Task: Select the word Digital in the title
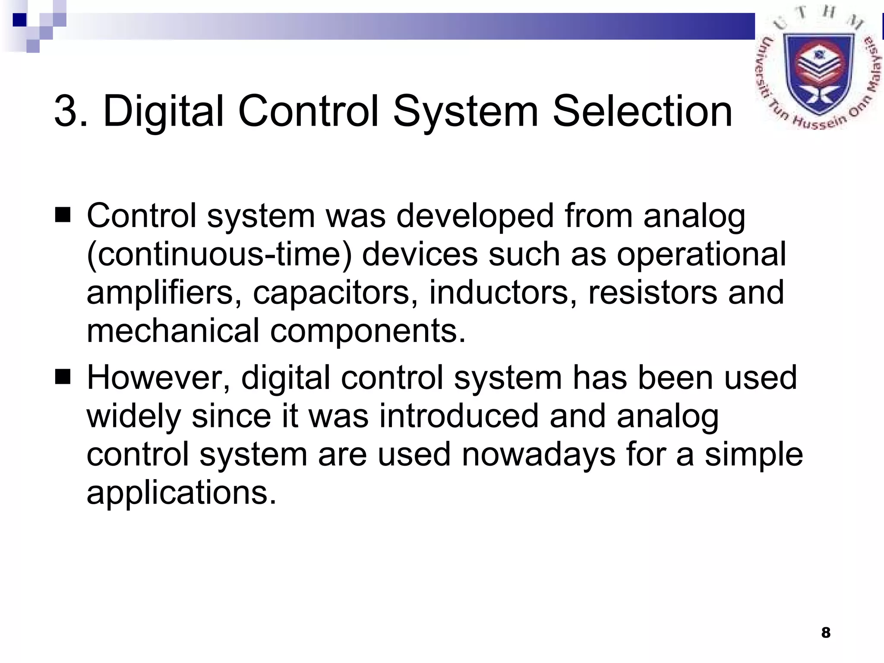pos(164,112)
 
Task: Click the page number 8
pos(826,633)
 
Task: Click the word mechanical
pos(173,331)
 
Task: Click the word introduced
pos(459,416)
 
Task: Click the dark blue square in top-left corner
pos(20,20)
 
